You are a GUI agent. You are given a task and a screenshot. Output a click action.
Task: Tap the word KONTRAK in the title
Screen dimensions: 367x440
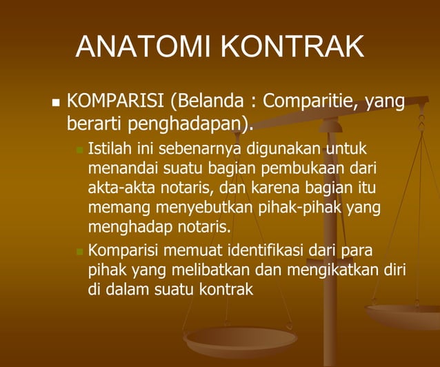[x=292, y=46]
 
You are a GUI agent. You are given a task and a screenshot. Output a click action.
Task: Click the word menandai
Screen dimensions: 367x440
[x=122, y=168]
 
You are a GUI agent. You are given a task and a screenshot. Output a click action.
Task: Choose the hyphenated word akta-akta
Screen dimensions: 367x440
[x=120, y=187]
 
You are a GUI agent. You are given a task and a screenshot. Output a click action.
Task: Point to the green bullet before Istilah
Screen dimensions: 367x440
[x=79, y=149]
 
